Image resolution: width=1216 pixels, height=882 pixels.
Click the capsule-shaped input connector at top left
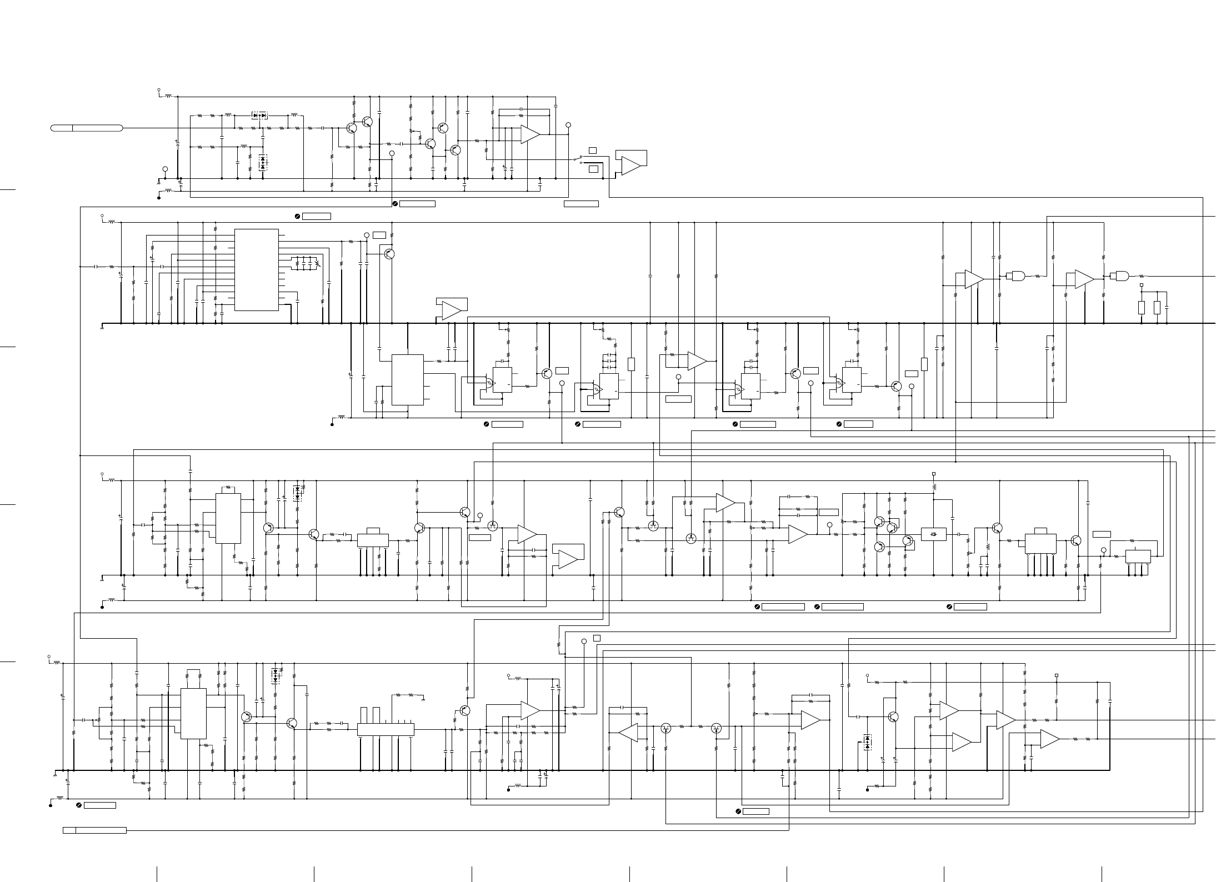(87, 128)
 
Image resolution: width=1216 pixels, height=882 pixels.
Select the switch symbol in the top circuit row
(579, 159)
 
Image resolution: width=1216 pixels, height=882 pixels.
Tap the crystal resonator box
(933, 534)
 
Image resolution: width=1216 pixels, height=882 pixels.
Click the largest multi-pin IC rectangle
(256, 270)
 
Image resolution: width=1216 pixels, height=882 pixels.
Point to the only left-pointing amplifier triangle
(628, 733)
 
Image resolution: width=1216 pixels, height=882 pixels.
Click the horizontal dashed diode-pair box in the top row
(259, 116)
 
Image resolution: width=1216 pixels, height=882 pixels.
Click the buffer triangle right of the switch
(630, 165)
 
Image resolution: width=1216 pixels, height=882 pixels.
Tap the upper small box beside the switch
(593, 150)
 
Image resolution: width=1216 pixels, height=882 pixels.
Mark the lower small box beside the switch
(593, 168)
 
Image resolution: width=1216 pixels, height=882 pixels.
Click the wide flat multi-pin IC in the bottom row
(386, 729)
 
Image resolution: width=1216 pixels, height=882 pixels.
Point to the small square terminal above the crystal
(933, 474)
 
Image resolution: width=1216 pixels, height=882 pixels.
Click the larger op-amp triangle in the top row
(530, 134)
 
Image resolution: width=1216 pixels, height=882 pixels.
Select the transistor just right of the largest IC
(389, 254)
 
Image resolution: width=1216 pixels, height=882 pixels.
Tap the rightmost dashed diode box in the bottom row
(867, 742)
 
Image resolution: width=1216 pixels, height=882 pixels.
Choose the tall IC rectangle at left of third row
(228, 518)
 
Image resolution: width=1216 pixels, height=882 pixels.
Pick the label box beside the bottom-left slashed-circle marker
(100, 805)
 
